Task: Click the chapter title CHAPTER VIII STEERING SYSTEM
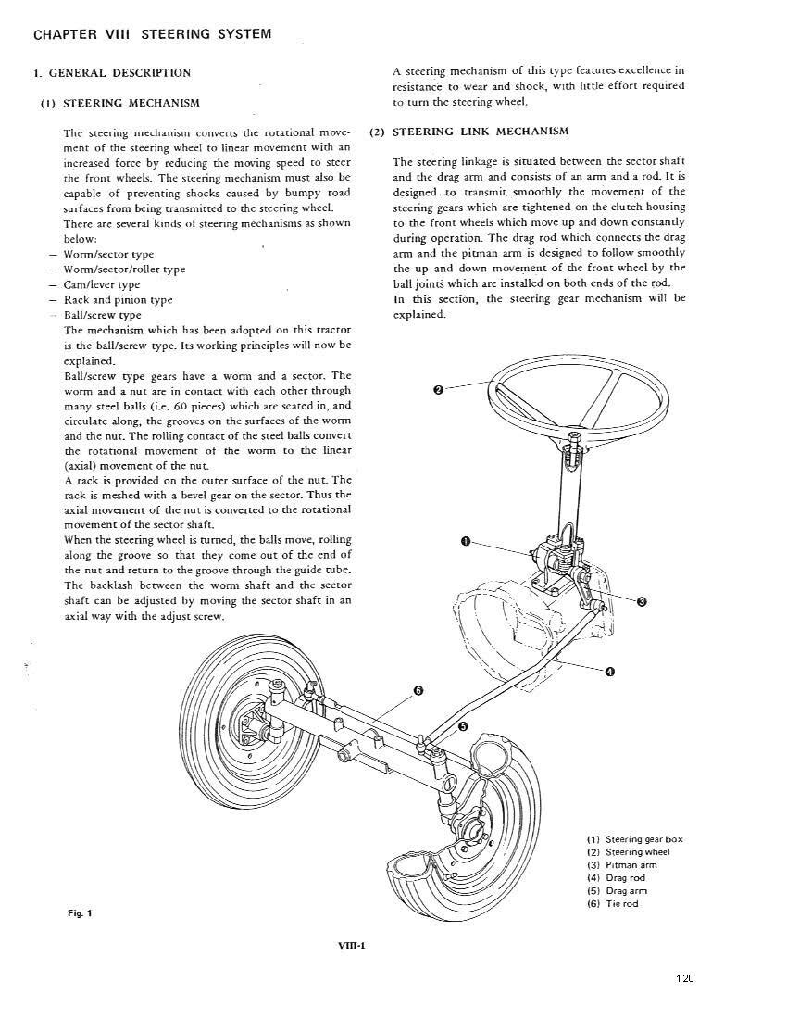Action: [x=153, y=35]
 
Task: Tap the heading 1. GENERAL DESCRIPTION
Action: [x=112, y=73]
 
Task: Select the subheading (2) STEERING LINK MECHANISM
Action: [x=468, y=132]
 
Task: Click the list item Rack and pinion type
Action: [x=118, y=300]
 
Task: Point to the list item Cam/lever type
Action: [x=102, y=285]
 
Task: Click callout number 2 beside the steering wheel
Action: [x=438, y=390]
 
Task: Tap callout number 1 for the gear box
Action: [x=465, y=541]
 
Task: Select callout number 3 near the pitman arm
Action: [x=641, y=601]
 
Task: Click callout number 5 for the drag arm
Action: [x=463, y=726]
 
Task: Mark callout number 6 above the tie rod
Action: [x=418, y=691]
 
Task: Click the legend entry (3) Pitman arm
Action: [x=621, y=865]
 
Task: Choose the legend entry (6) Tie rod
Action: [x=612, y=904]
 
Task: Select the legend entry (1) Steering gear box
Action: [x=634, y=839]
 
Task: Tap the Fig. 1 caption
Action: [x=81, y=913]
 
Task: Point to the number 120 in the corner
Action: [x=684, y=979]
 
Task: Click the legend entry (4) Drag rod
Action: [x=616, y=878]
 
